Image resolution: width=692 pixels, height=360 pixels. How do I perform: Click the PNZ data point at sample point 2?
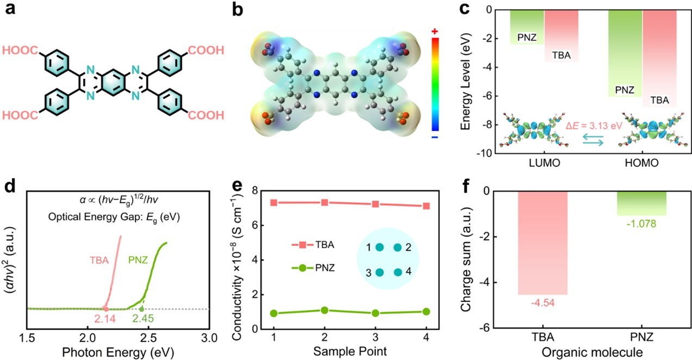[x=325, y=310]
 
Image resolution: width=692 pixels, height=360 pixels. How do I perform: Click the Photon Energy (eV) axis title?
[x=115, y=351]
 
